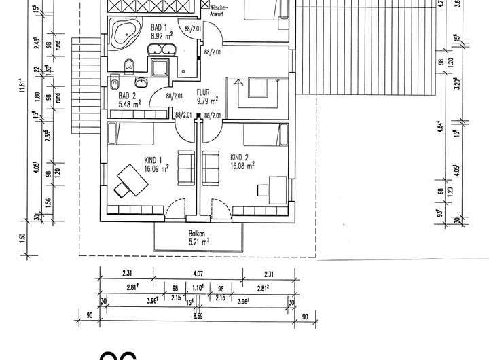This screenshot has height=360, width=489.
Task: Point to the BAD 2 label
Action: (x=120, y=96)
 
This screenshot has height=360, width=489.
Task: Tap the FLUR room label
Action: (x=204, y=92)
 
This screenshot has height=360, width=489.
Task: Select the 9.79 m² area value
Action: (x=206, y=101)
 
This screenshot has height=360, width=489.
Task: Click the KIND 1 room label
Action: (x=153, y=160)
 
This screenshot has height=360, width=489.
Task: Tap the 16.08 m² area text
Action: (x=242, y=164)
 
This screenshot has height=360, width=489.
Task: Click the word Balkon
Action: (x=198, y=233)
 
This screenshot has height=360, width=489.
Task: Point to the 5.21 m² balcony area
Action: (x=198, y=241)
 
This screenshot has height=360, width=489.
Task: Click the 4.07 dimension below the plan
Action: (x=196, y=274)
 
